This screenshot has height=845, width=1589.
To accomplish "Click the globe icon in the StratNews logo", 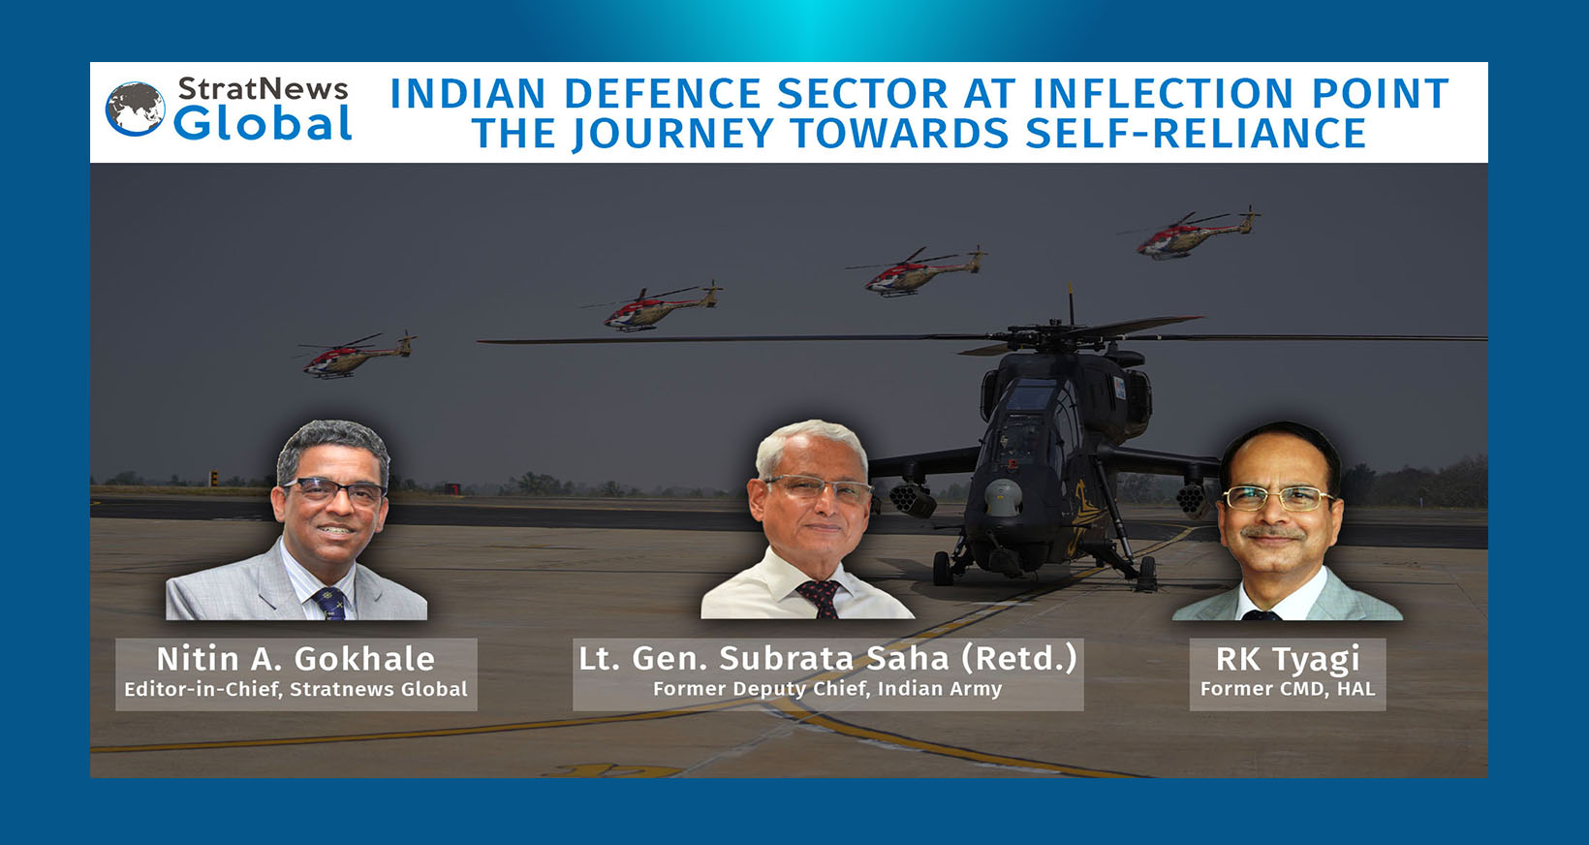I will pyautogui.click(x=136, y=109).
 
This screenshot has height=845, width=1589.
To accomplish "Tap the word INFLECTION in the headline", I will pyautogui.click(x=1163, y=94).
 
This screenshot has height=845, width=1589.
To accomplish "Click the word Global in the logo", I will pyautogui.click(x=263, y=125).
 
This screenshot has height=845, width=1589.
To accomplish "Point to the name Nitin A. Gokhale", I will pyautogui.click(x=296, y=659).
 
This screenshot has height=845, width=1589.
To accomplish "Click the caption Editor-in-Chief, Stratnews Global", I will pyautogui.click(x=296, y=689).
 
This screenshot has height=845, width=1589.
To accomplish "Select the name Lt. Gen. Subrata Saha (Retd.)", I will pyautogui.click(x=827, y=658).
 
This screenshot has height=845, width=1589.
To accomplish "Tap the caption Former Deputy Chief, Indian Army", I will pyautogui.click(x=827, y=689).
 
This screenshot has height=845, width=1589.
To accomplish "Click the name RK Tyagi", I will pyautogui.click(x=1288, y=659).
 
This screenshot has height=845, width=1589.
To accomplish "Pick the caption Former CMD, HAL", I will pyautogui.click(x=1288, y=689).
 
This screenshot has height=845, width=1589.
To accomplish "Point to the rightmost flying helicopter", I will pyautogui.click(x=1196, y=235).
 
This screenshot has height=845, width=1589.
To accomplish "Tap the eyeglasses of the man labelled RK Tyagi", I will pyautogui.click(x=1277, y=499).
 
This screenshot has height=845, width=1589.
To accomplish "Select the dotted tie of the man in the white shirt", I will pyautogui.click(x=820, y=597).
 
